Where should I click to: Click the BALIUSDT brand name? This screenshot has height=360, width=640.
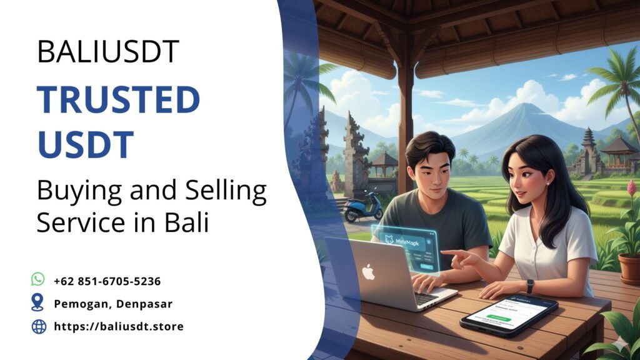[x=108, y=51]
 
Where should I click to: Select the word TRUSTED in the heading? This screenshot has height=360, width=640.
[x=118, y=100]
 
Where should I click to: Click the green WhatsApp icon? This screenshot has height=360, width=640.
[x=38, y=279]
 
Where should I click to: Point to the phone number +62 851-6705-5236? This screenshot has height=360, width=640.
[x=107, y=281]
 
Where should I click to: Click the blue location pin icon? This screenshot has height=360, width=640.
[x=38, y=303]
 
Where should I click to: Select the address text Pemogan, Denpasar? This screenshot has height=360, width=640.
[x=113, y=304]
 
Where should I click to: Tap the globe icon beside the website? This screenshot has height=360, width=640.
[x=39, y=326]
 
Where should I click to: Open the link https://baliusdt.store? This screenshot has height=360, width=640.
[x=119, y=326]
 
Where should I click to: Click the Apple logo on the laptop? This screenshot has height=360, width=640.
[x=369, y=272]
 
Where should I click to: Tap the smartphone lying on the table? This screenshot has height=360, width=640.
[x=508, y=314]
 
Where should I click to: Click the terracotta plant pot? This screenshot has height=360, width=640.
[x=630, y=268]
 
